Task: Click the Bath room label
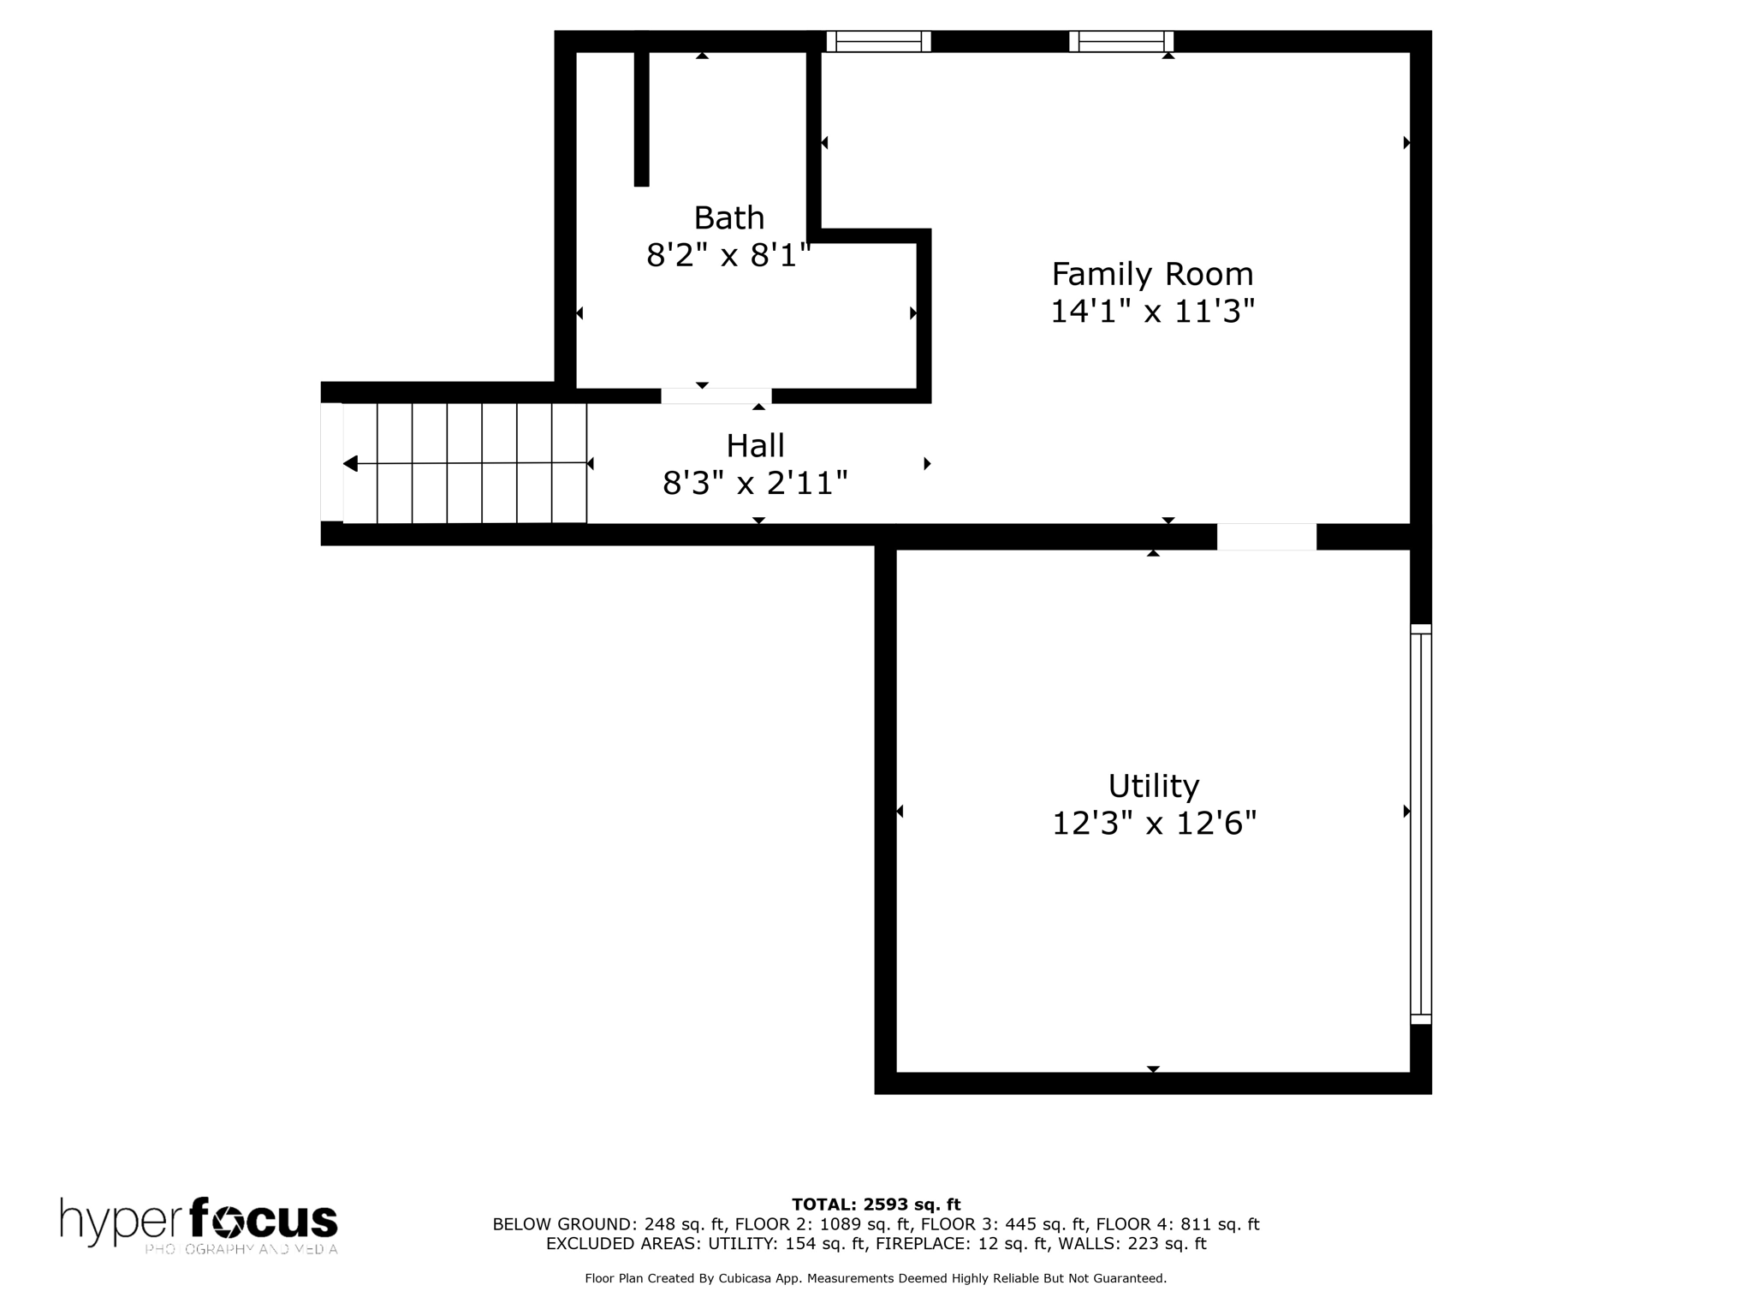728,218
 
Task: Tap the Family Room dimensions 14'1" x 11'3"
1152,312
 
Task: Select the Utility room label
1153,786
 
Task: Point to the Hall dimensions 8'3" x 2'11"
755,484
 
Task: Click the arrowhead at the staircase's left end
351,464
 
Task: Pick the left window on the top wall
878,41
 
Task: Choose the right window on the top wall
1120,41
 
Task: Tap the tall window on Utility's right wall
1420,824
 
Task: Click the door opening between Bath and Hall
716,396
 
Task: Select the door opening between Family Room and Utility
1266,537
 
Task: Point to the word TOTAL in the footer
823,1205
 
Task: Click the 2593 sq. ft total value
912,1205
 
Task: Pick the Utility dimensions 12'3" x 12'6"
1153,824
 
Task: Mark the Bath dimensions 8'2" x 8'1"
728,255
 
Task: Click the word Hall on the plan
755,446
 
